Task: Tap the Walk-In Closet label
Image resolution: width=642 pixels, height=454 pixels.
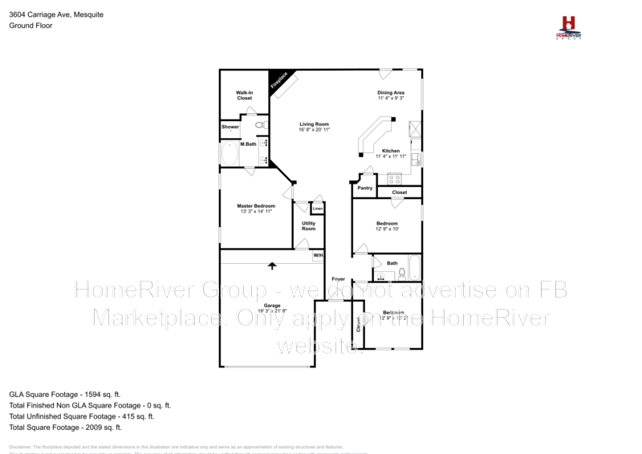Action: (x=244, y=95)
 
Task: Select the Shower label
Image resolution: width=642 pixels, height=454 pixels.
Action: (x=230, y=127)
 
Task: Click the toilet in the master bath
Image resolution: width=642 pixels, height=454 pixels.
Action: (x=260, y=125)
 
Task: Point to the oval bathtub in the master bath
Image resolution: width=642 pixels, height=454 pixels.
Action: (x=230, y=153)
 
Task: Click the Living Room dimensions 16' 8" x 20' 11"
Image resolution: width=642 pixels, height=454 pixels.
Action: (x=315, y=130)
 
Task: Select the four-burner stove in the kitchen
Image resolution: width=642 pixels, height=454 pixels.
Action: (x=394, y=177)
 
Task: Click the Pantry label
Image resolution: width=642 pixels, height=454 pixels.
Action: (x=365, y=188)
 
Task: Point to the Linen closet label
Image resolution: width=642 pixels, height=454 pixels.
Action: (x=318, y=209)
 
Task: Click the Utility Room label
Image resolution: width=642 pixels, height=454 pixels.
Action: (x=309, y=226)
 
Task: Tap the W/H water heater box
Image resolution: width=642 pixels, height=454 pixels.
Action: (x=319, y=255)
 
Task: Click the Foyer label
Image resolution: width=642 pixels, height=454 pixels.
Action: (x=339, y=278)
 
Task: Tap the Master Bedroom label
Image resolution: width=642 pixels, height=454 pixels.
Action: (x=256, y=209)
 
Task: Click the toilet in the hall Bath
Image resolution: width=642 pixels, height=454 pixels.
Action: (x=401, y=275)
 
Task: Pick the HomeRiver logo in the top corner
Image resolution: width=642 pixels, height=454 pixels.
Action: (x=569, y=26)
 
